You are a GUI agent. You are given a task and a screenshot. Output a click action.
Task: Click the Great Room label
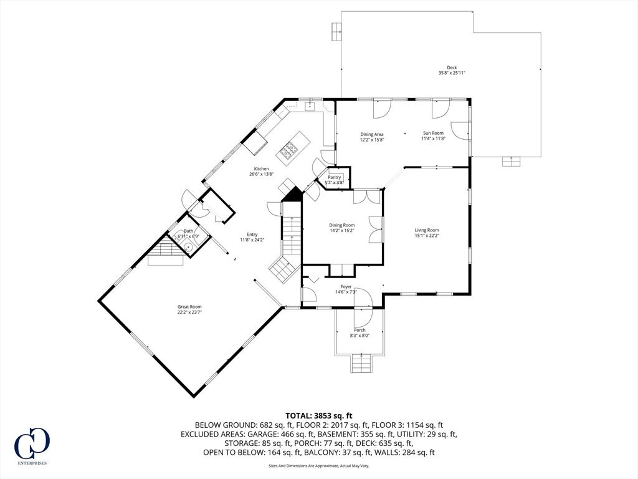point(189,307)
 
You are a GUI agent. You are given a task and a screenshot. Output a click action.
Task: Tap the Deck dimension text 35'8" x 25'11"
point(452,73)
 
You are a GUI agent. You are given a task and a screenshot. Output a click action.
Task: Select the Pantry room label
point(335,177)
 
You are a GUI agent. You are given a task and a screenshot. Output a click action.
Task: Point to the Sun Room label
point(433,133)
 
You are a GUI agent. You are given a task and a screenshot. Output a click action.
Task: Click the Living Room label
point(427,230)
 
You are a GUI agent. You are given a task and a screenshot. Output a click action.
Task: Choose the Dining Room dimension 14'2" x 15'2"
point(342,230)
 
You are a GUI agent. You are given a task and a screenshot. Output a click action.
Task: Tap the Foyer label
point(346,286)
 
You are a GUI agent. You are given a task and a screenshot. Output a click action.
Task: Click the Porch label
point(359,330)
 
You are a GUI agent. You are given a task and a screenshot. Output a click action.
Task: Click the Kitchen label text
point(261,169)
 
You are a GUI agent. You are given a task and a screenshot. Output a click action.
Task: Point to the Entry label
point(252,235)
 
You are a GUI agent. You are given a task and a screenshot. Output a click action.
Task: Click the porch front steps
point(361,363)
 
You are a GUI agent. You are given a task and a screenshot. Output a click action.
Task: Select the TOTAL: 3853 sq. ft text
point(319,415)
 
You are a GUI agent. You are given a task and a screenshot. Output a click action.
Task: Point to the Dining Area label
point(372,134)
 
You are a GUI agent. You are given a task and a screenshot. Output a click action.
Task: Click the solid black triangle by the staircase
point(291,195)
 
